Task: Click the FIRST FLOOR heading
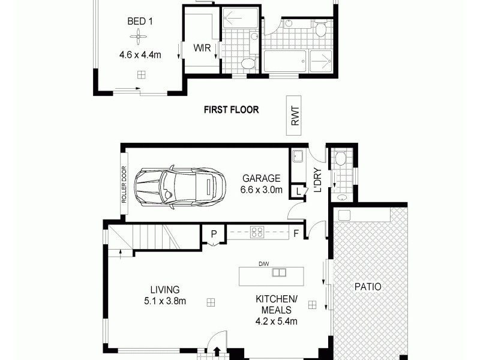tap(231, 110)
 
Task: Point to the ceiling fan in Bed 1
tap(138, 38)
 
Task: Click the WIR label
tap(201, 48)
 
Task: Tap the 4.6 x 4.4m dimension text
tap(140, 55)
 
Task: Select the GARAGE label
tap(261, 178)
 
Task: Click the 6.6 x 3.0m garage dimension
tap(261, 190)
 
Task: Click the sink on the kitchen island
tap(279, 272)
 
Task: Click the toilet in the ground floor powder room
tap(340, 159)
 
